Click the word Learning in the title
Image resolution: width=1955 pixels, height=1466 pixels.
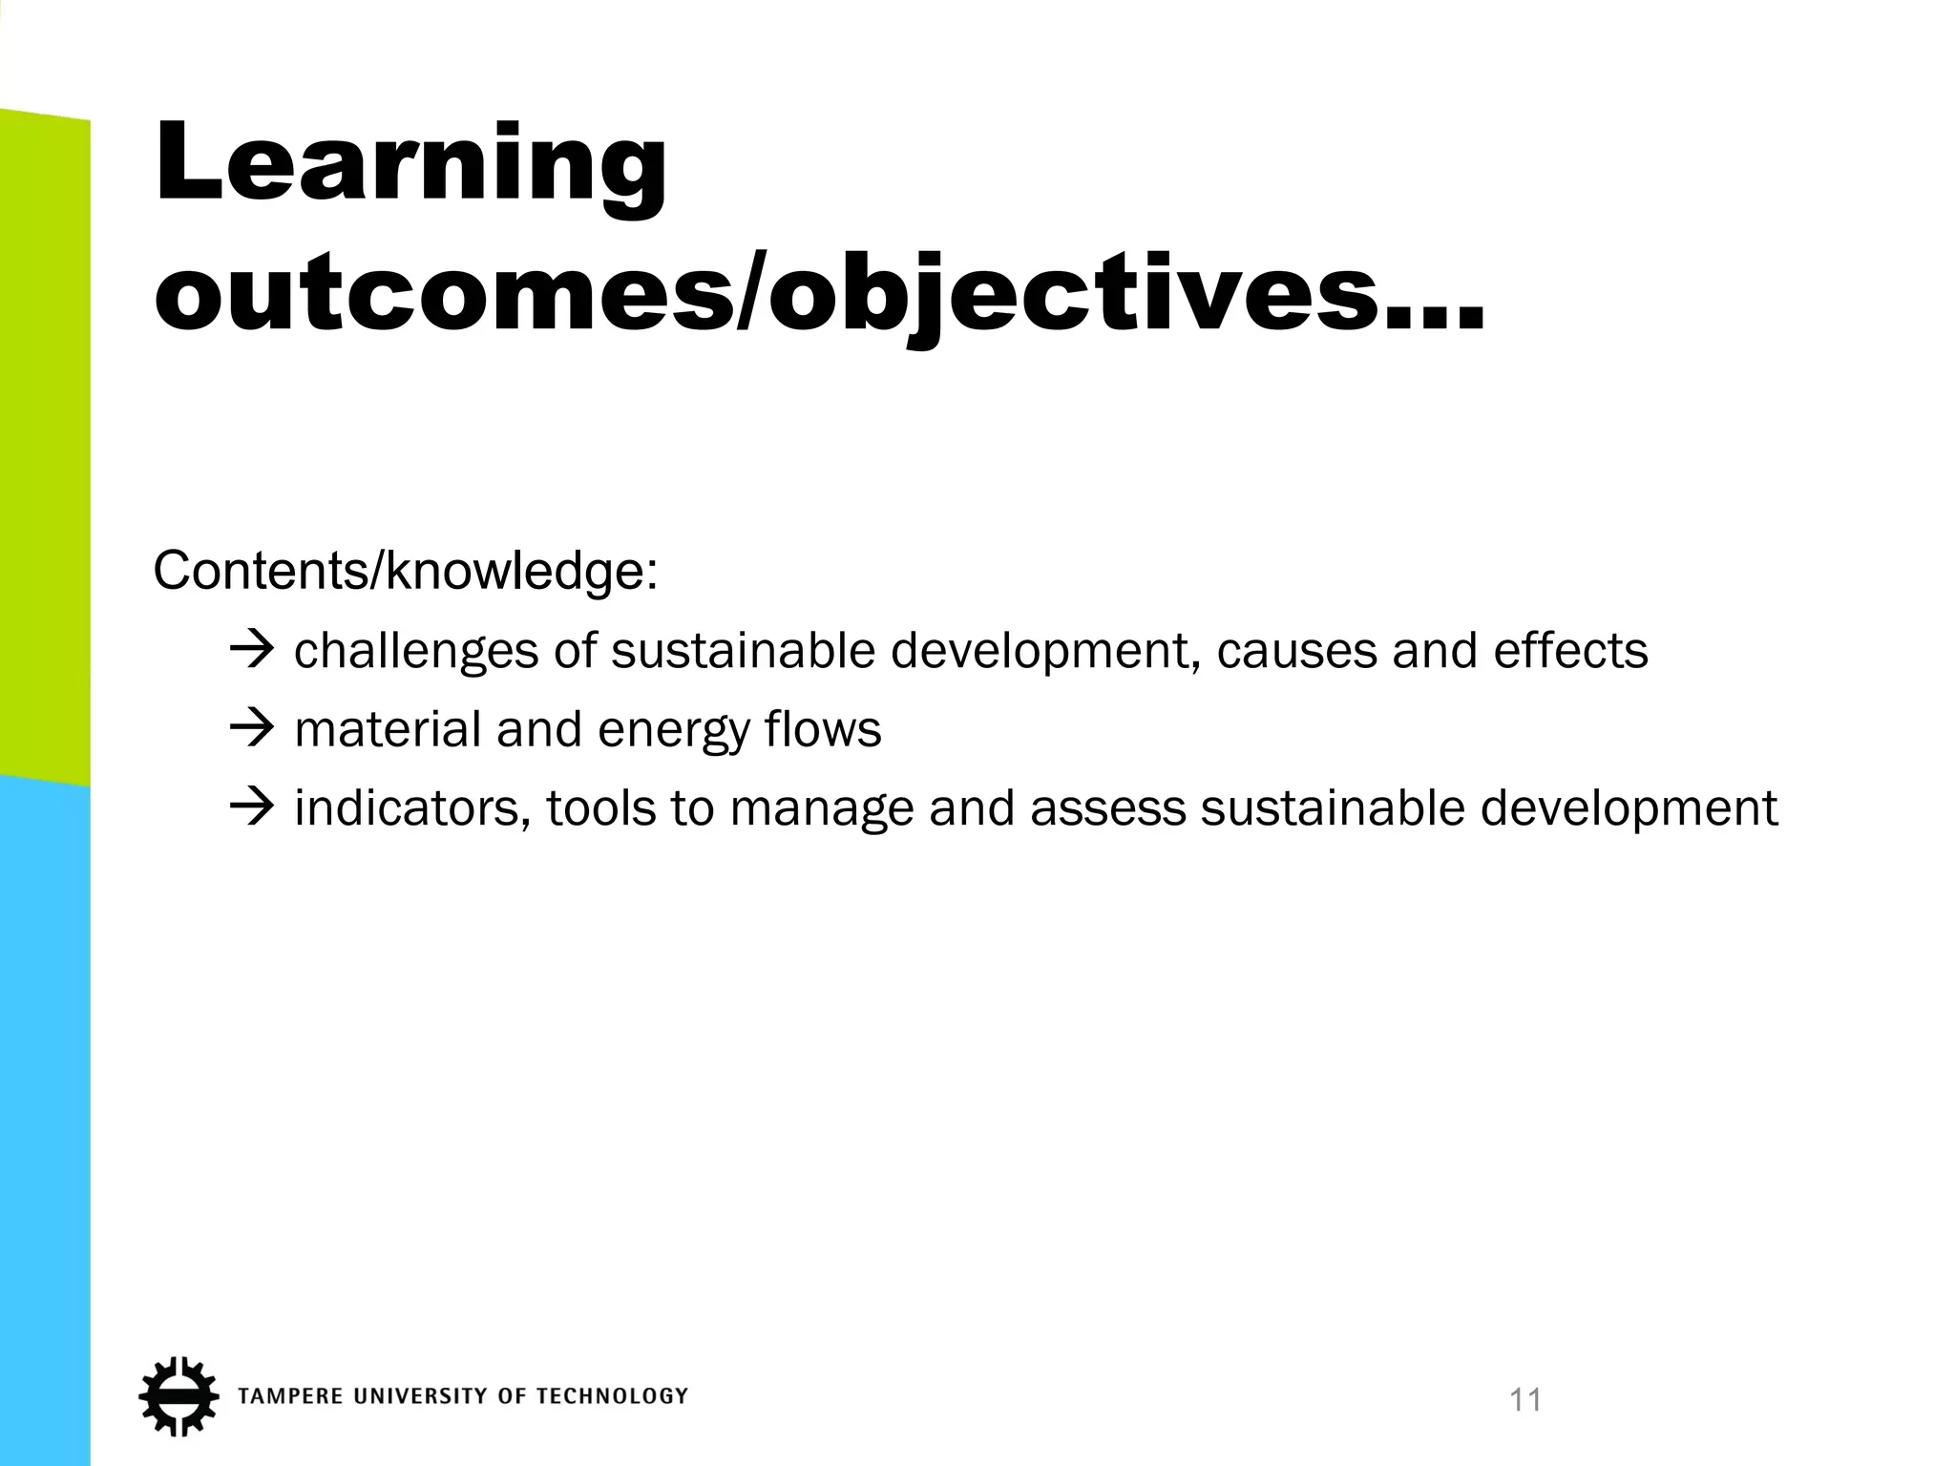pyautogui.click(x=410, y=164)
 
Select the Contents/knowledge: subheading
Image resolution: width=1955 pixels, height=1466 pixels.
pyautogui.click(x=405, y=572)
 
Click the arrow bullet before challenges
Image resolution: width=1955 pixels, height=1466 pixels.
pyautogui.click(x=252, y=651)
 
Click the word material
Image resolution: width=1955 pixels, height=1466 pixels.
pyautogui.click(x=388, y=730)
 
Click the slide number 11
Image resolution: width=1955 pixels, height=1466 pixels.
pyautogui.click(x=1525, y=1400)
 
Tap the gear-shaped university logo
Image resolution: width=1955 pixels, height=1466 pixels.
pyautogui.click(x=178, y=1395)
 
